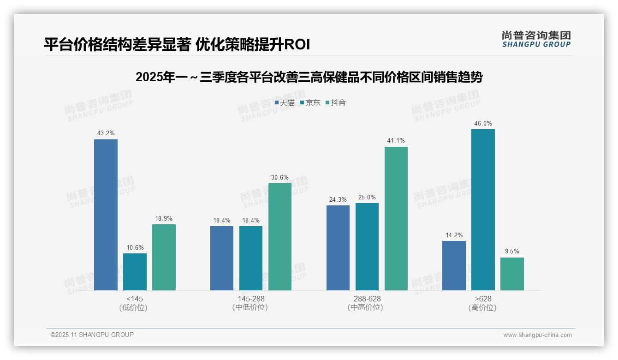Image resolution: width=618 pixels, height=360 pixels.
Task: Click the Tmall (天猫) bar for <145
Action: [x=106, y=215]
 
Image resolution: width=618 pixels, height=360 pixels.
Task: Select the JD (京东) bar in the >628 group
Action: [x=483, y=210]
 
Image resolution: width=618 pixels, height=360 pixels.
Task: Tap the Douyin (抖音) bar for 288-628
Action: [x=396, y=218]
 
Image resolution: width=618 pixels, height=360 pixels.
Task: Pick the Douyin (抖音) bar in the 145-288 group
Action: [x=280, y=236]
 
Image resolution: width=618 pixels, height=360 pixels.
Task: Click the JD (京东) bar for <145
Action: [x=135, y=271]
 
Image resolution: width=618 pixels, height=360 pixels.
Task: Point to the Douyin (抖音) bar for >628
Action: [x=512, y=274]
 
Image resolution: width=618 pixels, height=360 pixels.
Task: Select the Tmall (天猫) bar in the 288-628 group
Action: [x=338, y=247]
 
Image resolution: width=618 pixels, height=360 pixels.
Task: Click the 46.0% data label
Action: [x=483, y=123]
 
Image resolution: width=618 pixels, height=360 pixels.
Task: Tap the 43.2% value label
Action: [x=106, y=133]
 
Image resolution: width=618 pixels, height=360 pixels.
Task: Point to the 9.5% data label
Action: [x=512, y=252]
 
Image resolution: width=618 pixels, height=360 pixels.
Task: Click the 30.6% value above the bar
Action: [x=280, y=177]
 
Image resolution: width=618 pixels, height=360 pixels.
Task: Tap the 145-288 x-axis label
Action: [x=251, y=299]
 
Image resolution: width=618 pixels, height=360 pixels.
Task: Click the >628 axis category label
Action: [x=483, y=299]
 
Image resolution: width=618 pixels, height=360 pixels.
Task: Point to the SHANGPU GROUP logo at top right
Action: [x=536, y=39]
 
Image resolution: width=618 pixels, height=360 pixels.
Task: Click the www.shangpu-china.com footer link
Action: [x=537, y=335]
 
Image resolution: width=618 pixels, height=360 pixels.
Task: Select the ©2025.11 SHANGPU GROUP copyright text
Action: [x=92, y=335]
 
